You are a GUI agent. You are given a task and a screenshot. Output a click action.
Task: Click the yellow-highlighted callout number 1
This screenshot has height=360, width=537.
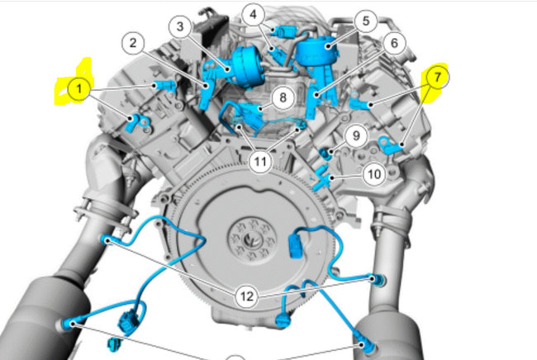(77, 86)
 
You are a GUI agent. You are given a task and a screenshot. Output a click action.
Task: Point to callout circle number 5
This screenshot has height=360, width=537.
(366, 21)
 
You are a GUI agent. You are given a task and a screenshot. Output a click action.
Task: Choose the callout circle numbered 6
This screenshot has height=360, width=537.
(392, 42)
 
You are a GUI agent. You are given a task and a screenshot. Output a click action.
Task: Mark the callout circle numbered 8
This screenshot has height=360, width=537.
(283, 97)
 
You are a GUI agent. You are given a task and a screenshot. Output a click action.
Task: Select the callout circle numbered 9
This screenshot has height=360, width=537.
(354, 134)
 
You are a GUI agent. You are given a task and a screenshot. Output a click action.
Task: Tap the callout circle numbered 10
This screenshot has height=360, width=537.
(373, 174)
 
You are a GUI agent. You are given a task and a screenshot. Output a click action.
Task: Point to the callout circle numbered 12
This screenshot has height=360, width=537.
(248, 296)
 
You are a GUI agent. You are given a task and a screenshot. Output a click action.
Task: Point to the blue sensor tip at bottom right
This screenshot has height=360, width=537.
(364, 341)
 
